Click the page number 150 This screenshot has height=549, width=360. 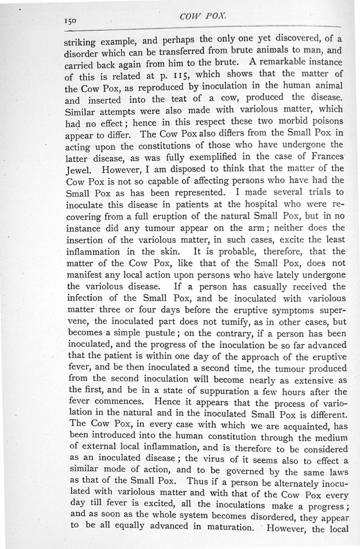pos(72,21)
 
